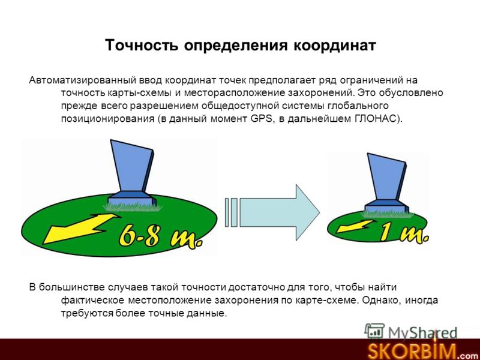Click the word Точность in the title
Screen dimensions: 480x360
[x=142, y=45]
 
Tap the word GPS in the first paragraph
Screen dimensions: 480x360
[x=261, y=118]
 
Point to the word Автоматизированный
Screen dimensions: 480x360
[x=83, y=80]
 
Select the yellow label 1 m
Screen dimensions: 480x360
[x=404, y=233]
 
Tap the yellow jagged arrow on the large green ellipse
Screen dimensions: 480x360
[x=81, y=228]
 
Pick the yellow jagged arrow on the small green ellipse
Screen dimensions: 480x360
[x=355, y=227]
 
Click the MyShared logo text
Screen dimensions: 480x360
[x=422, y=332]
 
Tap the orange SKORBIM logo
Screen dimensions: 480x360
[x=412, y=351]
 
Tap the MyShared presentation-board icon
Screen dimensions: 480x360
[x=374, y=331]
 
